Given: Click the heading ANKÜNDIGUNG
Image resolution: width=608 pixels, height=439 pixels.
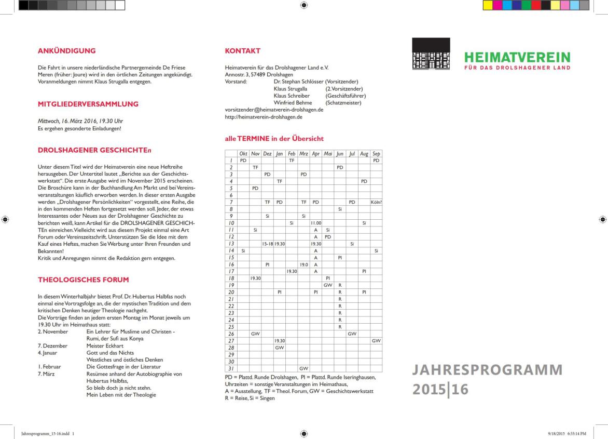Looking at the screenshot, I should pyautogui.click(x=66, y=51).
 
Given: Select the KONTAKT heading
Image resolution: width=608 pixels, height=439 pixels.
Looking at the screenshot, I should pyautogui.click(x=242, y=51).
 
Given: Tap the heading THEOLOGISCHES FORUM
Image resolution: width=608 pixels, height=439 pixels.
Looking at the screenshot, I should pyautogui.click(x=82, y=280).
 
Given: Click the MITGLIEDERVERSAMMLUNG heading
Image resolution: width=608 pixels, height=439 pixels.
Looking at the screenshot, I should pyautogui.click(x=88, y=104).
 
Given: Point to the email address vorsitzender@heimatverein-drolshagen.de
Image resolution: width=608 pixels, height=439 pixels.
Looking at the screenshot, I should pyautogui.click(x=274, y=110).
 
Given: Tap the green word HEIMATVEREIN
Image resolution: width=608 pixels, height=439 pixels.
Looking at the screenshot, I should pyautogui.click(x=517, y=57).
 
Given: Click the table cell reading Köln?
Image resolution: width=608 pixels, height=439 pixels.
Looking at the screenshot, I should pyautogui.click(x=376, y=202).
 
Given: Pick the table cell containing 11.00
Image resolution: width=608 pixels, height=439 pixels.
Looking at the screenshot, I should pyautogui.click(x=315, y=222).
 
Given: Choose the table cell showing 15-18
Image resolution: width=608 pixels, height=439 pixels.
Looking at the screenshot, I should pyautogui.click(x=267, y=243).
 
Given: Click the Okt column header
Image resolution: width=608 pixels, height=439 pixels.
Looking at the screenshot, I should pyautogui.click(x=243, y=154).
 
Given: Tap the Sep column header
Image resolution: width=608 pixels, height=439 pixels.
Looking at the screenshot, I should pyautogui.click(x=376, y=154).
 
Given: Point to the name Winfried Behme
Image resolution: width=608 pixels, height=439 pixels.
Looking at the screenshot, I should pyautogui.click(x=293, y=103).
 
